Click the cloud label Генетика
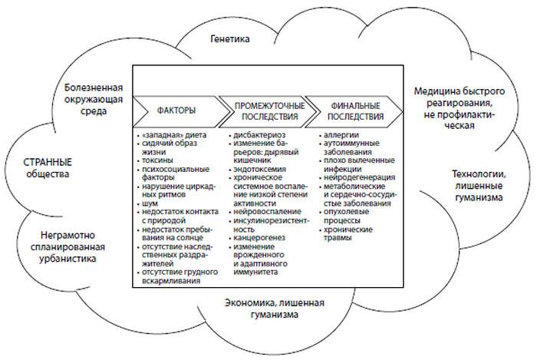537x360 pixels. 231,38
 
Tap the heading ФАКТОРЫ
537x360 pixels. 176,110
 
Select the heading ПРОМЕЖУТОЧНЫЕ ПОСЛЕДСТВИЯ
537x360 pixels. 262,110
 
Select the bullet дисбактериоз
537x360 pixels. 256,136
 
